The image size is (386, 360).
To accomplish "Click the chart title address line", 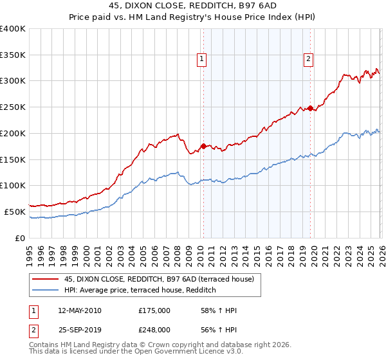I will (192, 7).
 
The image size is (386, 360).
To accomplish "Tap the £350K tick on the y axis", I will (13, 55).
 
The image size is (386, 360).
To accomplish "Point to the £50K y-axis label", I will (15, 212).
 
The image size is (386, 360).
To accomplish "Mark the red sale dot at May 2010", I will (203, 147).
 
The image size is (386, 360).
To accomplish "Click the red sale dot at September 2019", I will (310, 109).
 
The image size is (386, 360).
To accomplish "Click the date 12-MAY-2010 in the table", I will (79, 310).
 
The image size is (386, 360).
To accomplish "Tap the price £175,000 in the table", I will (154, 310).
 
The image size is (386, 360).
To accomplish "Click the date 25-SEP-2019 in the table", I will (79, 329).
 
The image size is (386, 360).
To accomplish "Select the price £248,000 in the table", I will (154, 329).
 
